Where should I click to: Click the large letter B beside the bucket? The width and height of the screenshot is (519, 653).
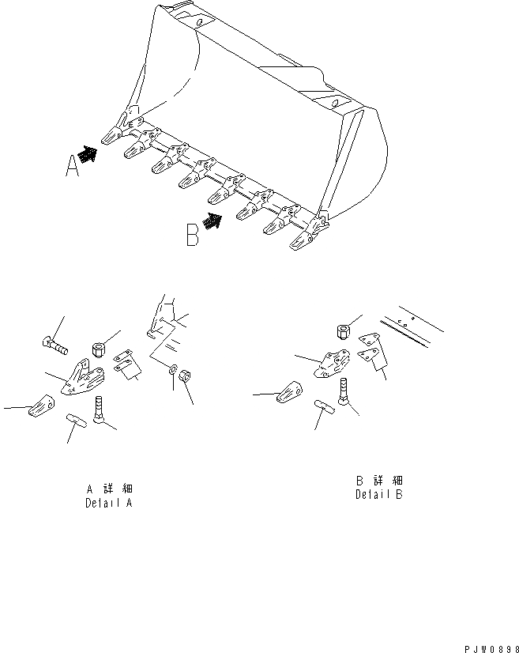193,236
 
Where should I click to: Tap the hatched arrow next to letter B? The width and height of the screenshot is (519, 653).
212,221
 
